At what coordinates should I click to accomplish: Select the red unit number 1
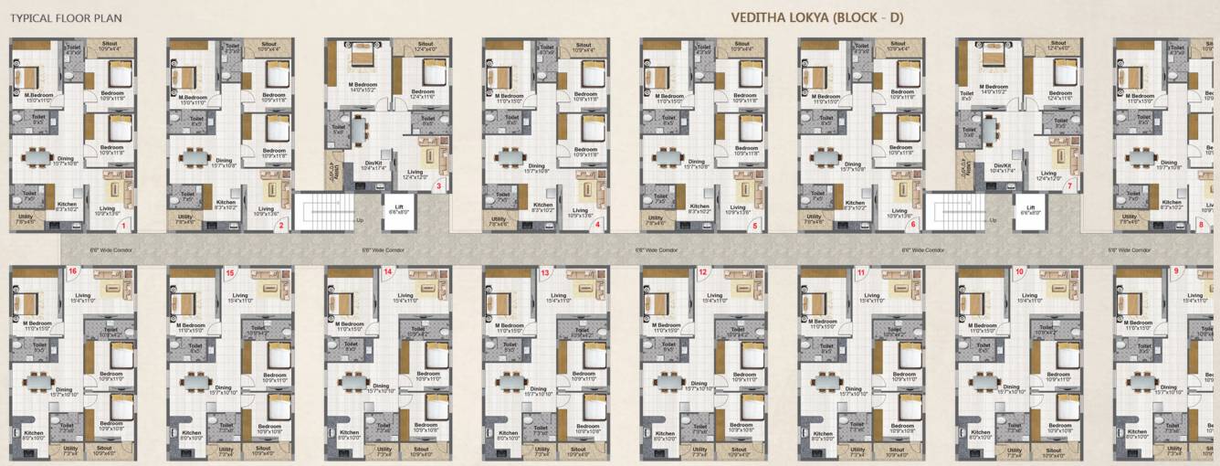point(123,224)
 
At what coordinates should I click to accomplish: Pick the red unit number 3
point(438,186)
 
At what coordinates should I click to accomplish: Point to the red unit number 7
point(1069,186)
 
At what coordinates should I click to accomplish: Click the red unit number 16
point(73,271)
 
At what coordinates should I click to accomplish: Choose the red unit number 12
point(702,272)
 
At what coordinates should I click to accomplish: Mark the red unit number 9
point(1175,271)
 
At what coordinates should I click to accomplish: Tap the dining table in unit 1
point(38,157)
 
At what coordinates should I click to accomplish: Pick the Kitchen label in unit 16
point(33,433)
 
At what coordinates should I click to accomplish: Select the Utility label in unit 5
point(656,218)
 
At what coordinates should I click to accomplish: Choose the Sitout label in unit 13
point(577,449)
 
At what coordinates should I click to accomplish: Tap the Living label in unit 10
point(1030,296)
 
